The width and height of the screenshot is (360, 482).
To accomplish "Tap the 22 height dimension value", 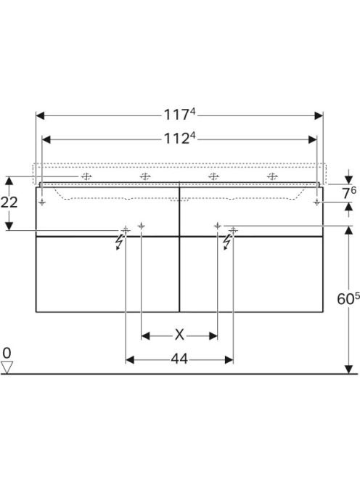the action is pos(9,203).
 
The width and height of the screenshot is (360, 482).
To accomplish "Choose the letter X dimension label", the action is pos(179,335).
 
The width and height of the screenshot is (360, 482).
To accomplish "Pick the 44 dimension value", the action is pos(179,359).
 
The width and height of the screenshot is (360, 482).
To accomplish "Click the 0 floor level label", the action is pos(7,354).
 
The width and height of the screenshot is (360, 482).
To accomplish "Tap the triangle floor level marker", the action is pos(7,367).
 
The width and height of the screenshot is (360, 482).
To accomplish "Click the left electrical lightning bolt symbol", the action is pos(119,242).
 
